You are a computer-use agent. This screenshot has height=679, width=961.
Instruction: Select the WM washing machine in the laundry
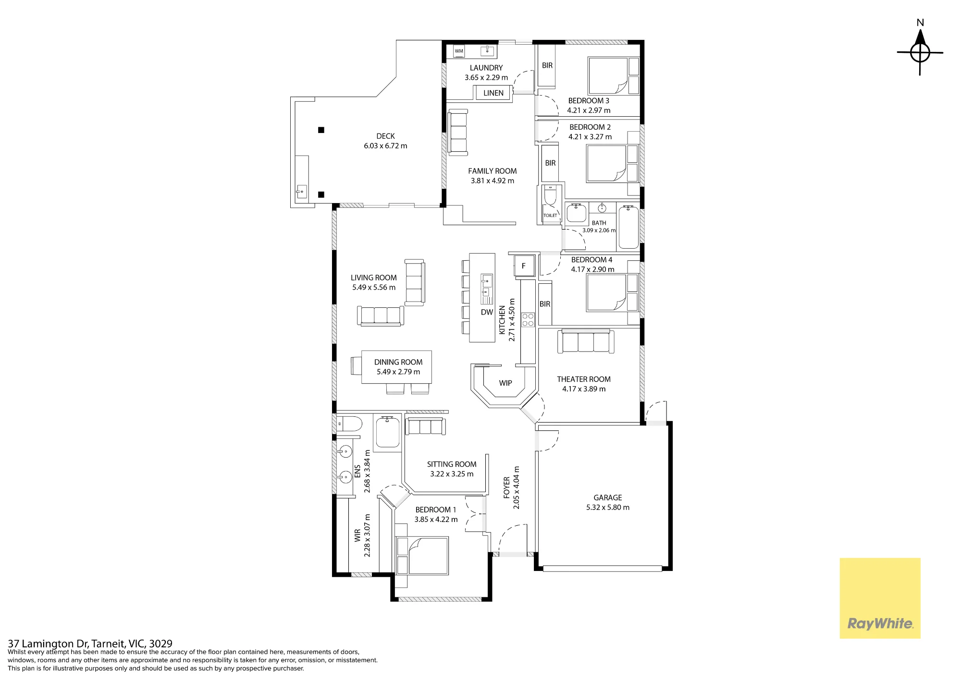[x=459, y=51]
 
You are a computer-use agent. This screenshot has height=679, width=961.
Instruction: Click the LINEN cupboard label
[x=493, y=93]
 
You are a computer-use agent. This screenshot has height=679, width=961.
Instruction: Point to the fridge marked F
[x=524, y=266]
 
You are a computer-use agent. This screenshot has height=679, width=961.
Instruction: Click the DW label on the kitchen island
[x=487, y=312]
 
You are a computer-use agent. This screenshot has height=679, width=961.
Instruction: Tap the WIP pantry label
[x=505, y=383]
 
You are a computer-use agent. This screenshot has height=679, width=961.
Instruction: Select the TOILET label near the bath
[x=550, y=216]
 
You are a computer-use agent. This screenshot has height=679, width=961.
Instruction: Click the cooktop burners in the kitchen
[x=528, y=320]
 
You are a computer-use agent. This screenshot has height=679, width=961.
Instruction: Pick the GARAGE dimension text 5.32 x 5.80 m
[x=608, y=507]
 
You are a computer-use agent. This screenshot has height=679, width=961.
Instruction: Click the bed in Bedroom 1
[x=422, y=556]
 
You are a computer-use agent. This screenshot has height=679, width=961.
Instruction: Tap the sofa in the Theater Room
[x=586, y=341]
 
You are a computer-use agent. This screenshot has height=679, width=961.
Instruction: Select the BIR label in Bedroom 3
[x=547, y=65]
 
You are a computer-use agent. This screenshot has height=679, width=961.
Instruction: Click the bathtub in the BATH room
[x=628, y=227]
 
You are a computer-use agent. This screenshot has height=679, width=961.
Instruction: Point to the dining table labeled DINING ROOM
[x=396, y=367]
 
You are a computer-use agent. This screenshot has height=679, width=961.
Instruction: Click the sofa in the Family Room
[x=458, y=133]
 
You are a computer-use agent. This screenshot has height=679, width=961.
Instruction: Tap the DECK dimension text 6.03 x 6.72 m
[x=385, y=146]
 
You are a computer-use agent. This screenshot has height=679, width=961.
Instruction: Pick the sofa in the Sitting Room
[x=425, y=426]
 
